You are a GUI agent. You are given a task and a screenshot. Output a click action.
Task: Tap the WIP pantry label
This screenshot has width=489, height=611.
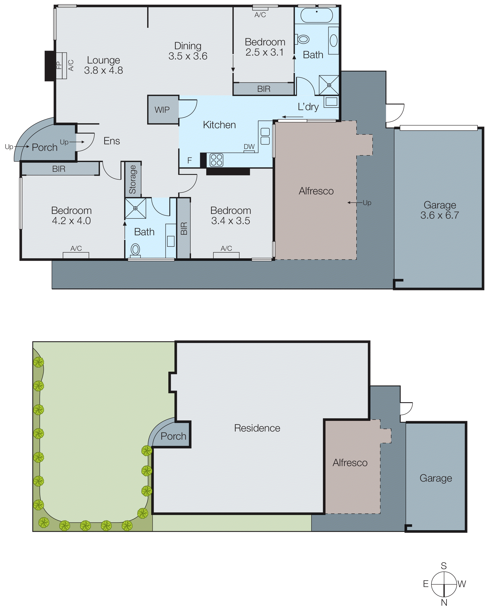pos(162,110)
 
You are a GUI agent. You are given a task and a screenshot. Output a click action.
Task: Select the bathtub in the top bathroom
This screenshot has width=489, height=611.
pos(316,15)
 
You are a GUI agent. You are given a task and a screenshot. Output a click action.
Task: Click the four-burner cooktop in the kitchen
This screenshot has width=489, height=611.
pos(216,160)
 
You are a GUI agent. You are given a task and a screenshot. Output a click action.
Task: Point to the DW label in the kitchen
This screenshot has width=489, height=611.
pos(249,147)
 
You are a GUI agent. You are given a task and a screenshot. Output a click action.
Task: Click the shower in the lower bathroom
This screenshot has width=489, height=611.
pos(135,208)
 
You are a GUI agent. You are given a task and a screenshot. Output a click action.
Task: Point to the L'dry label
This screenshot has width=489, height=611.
pos(308,107)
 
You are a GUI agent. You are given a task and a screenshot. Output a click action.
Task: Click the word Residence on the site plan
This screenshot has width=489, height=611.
pos(257,428)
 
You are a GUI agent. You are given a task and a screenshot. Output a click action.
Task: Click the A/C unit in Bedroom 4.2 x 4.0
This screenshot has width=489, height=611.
pos(76,255)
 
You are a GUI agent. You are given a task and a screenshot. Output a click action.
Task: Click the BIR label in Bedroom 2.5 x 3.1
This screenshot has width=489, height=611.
pos(264,89)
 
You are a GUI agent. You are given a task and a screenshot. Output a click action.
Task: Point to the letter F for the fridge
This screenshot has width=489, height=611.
pos(190,161)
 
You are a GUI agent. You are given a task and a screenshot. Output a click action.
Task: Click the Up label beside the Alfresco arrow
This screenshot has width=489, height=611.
pos(367,203)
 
